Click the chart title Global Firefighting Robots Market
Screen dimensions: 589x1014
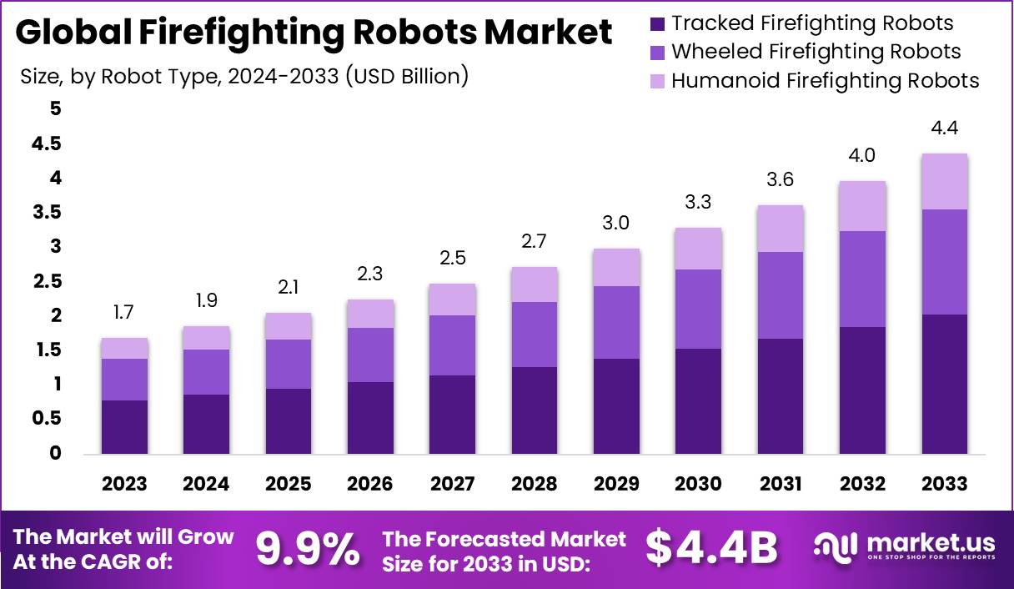coord(314,33)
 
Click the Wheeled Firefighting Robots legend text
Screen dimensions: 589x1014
coord(816,52)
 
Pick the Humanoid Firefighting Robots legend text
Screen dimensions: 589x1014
coord(825,81)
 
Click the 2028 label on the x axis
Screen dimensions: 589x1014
coord(535,485)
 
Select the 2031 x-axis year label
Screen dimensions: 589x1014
coord(781,485)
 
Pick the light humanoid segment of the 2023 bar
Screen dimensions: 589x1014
coord(124,348)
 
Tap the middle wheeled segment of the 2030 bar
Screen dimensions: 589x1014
coord(698,309)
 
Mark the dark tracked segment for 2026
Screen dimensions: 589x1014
coord(370,418)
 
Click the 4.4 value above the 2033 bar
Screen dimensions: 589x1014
coord(944,128)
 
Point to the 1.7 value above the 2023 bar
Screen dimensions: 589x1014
coord(124,313)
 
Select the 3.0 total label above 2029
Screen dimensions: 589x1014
coord(616,224)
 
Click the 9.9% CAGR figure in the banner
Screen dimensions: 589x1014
coord(308,549)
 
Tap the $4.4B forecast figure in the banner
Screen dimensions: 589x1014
coord(711,548)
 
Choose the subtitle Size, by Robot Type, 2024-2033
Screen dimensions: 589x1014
coord(243,77)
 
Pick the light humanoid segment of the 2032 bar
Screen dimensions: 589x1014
coord(862,206)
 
